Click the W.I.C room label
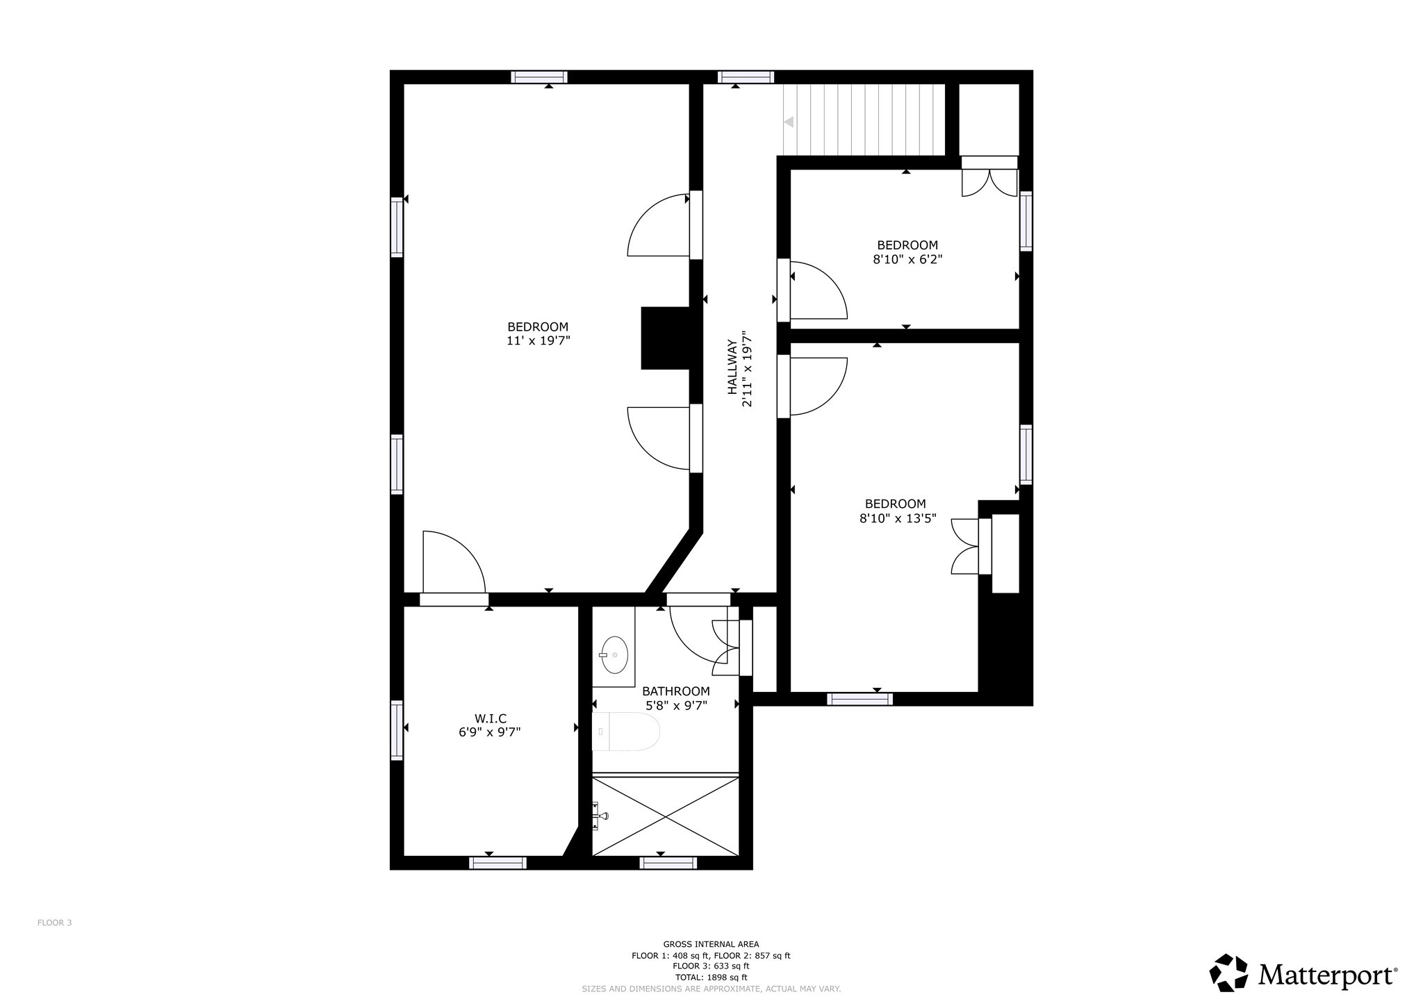pyautogui.click(x=490, y=718)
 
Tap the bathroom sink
pyautogui.click(x=614, y=654)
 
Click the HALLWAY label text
pyautogui.click(x=732, y=366)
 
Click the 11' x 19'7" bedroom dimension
pyautogui.click(x=538, y=341)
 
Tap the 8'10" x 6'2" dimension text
pyautogui.click(x=907, y=260)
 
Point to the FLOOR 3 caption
pyautogui.click(x=54, y=923)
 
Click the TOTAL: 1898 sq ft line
pyautogui.click(x=711, y=977)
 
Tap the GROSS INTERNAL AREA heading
pyautogui.click(x=711, y=944)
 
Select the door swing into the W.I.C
pyautogui.click(x=452, y=563)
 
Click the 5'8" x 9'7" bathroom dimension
pyautogui.click(x=676, y=705)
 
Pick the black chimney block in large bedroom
pyautogui.click(x=665, y=338)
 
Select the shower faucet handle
pyautogui.click(x=599, y=816)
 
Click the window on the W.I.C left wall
pyautogui.click(x=397, y=729)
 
